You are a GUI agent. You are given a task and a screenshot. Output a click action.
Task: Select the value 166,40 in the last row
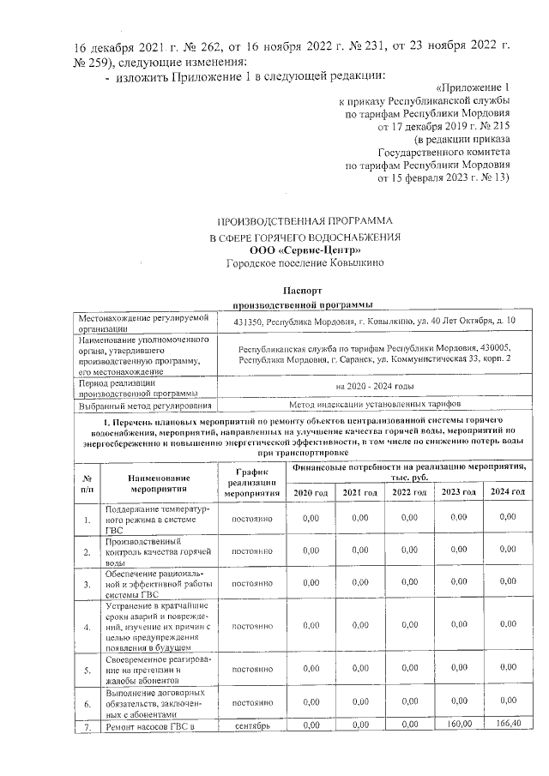(x=508, y=727)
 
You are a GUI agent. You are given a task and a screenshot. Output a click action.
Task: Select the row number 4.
(x=87, y=628)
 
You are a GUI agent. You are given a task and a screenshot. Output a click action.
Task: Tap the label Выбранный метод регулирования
(x=142, y=404)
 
